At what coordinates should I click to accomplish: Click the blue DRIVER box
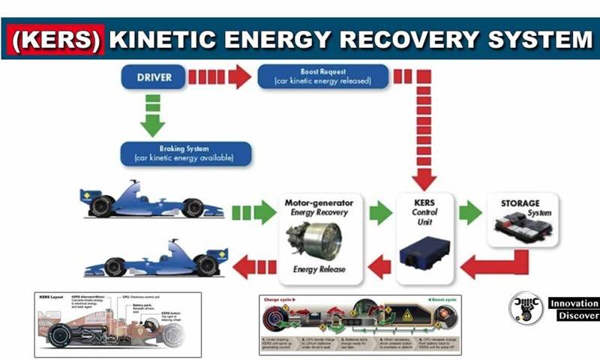(154, 76)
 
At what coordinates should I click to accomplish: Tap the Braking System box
(184, 153)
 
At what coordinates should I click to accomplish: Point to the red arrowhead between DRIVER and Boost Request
(240, 76)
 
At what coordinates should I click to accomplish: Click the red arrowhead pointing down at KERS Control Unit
(424, 178)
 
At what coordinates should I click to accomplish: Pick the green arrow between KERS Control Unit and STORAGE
(471, 213)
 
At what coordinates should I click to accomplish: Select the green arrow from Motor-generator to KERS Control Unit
(380, 213)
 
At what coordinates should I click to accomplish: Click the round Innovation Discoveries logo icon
(526, 309)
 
